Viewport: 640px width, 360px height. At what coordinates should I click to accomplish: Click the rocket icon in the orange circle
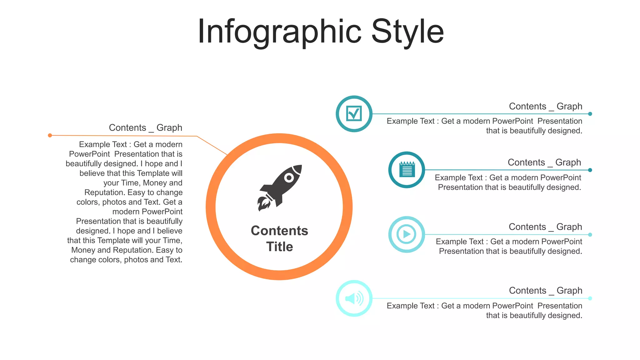tap(280, 187)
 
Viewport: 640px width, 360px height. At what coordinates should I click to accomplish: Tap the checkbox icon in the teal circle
tap(354, 113)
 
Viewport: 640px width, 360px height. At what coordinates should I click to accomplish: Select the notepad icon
tap(407, 170)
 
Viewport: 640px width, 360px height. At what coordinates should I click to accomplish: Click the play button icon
tap(407, 234)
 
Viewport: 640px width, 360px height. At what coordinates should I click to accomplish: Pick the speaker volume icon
tap(354, 298)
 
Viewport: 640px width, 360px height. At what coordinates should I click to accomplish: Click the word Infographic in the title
tap(279, 32)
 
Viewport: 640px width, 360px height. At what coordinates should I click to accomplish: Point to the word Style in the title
tap(407, 32)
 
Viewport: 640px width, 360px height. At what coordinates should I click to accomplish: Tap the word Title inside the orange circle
tap(280, 247)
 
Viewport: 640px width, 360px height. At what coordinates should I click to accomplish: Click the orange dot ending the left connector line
tap(50, 135)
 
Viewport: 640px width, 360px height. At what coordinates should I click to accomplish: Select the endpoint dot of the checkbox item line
tap(590, 114)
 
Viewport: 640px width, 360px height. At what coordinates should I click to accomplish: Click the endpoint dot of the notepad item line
tap(590, 170)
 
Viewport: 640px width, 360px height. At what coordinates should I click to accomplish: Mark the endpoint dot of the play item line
tap(590, 234)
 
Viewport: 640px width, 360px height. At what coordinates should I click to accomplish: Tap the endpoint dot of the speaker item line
tap(590, 298)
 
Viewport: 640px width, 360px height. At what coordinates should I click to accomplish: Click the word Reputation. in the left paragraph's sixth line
tap(104, 192)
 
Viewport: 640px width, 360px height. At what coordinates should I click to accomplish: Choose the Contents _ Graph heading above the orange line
tap(145, 127)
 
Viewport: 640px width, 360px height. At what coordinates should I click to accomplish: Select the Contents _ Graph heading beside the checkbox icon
tap(545, 106)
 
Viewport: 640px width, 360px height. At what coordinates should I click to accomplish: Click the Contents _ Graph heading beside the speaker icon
tap(545, 291)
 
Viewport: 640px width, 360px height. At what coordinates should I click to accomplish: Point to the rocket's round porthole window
tap(289, 178)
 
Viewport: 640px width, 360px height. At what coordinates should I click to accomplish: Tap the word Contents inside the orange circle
tap(279, 231)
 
